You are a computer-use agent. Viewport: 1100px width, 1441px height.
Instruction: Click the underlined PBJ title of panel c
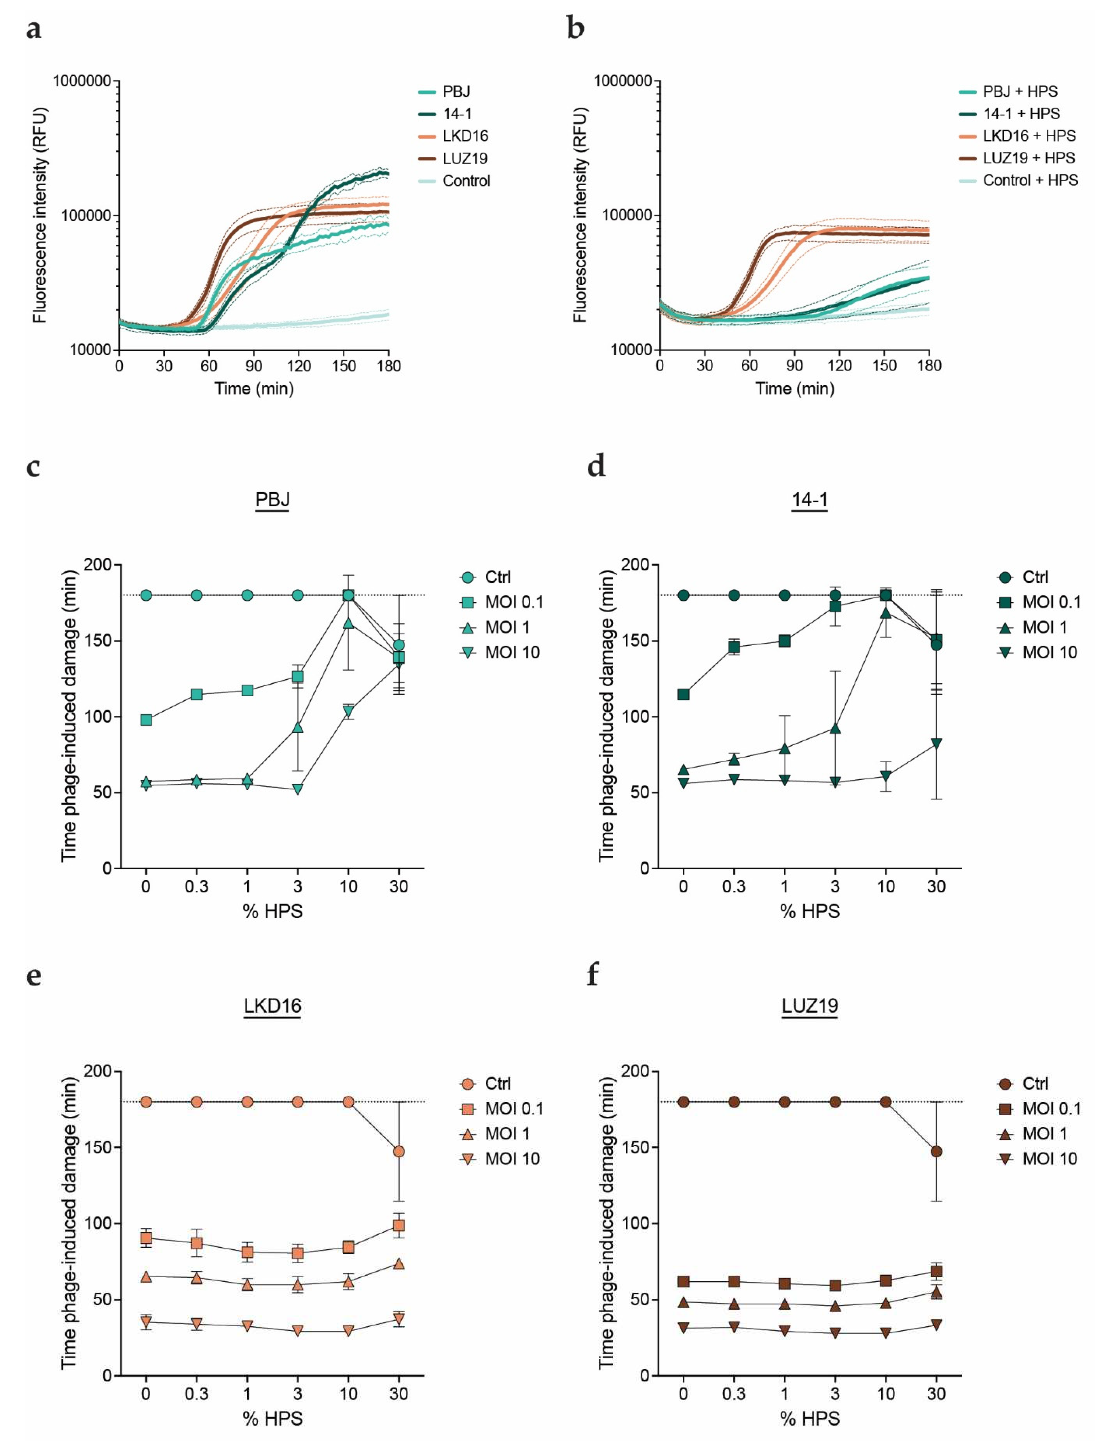tap(272, 499)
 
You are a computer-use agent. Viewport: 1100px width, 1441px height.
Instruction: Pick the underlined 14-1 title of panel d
tap(810, 499)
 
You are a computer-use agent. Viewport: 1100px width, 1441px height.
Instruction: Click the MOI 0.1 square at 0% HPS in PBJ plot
tap(146, 720)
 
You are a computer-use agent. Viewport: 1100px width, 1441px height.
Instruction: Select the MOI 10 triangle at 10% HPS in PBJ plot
tap(348, 711)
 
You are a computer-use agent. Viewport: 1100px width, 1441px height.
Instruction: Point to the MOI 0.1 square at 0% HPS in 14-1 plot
tap(684, 694)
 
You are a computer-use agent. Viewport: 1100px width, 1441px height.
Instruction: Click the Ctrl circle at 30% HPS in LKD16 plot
tap(399, 1151)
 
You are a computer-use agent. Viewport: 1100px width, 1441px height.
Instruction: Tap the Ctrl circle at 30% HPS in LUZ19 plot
tap(936, 1151)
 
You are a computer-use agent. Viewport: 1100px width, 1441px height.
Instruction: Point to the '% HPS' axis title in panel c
tap(272, 911)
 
